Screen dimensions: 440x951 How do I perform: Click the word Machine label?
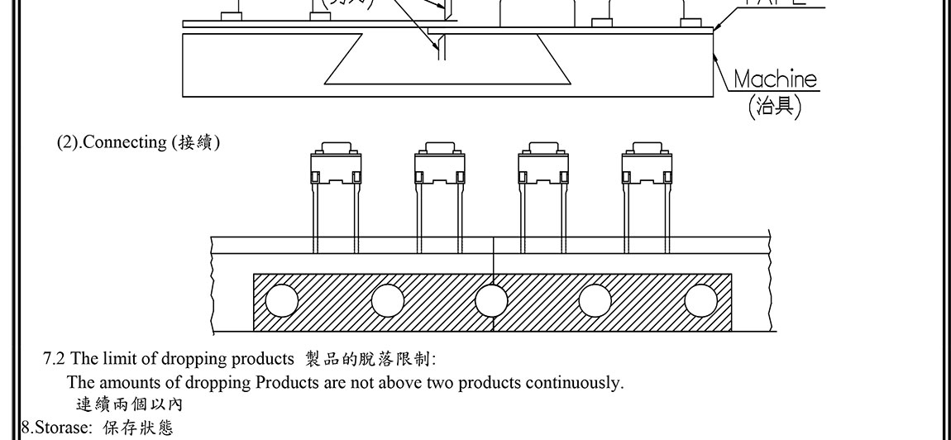tap(775, 79)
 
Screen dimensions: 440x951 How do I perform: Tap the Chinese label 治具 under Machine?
tap(775, 107)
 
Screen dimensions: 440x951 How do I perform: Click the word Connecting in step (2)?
tap(125, 142)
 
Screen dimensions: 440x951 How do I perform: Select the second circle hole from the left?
tap(387, 299)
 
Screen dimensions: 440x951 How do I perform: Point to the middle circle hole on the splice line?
tap(492, 299)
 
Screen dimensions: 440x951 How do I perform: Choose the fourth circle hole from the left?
tap(595, 299)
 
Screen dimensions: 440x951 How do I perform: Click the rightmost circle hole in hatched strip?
tap(700, 299)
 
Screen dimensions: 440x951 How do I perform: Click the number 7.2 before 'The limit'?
tap(54, 359)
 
